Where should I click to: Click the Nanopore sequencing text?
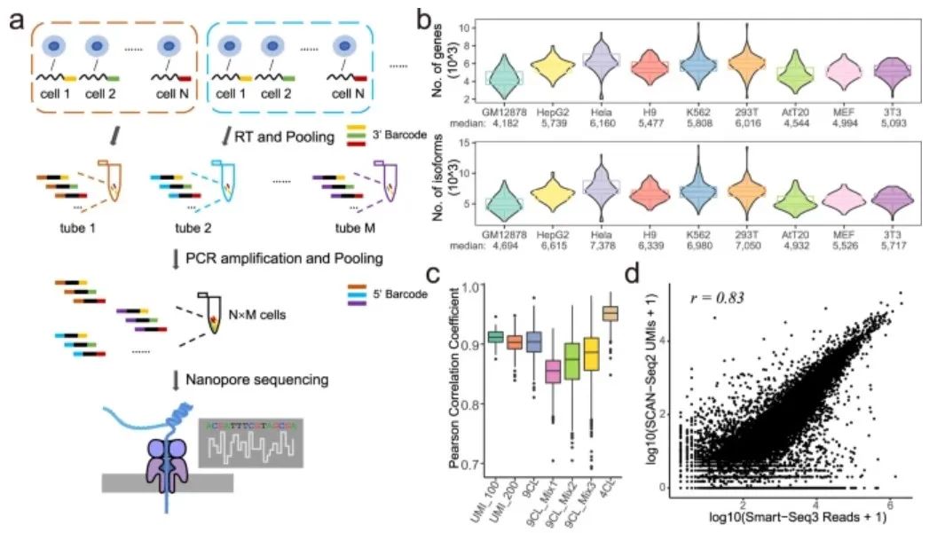click(257, 380)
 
